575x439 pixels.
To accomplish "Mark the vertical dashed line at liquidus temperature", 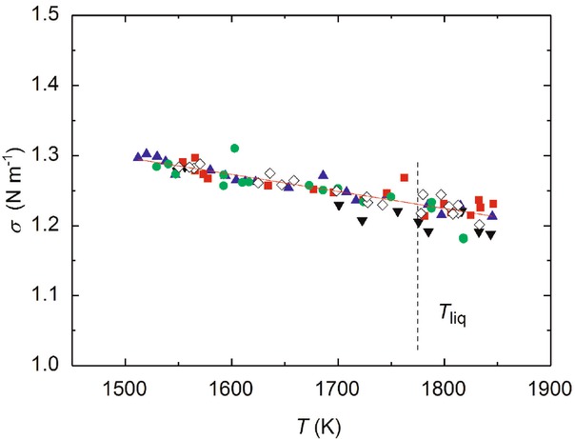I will coord(417,286).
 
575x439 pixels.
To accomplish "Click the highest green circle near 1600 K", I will coord(234,148).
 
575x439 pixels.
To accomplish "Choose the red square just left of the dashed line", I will coord(405,177).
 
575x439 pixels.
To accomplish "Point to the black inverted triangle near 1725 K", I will coord(362,221).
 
